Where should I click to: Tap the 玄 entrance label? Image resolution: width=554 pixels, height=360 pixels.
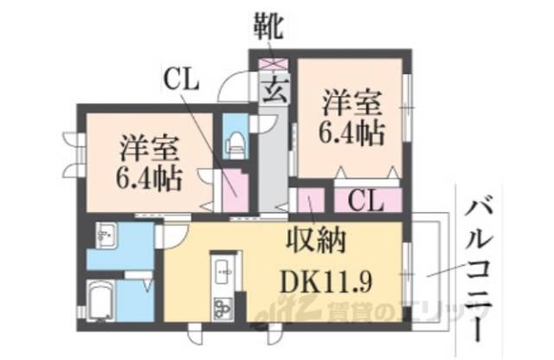click(x=274, y=87)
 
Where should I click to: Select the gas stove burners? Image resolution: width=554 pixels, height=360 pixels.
click(x=221, y=306)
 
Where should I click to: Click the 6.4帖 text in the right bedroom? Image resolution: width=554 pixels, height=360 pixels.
click(x=350, y=132)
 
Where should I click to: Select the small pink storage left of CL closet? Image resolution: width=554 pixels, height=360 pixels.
click(x=308, y=201)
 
